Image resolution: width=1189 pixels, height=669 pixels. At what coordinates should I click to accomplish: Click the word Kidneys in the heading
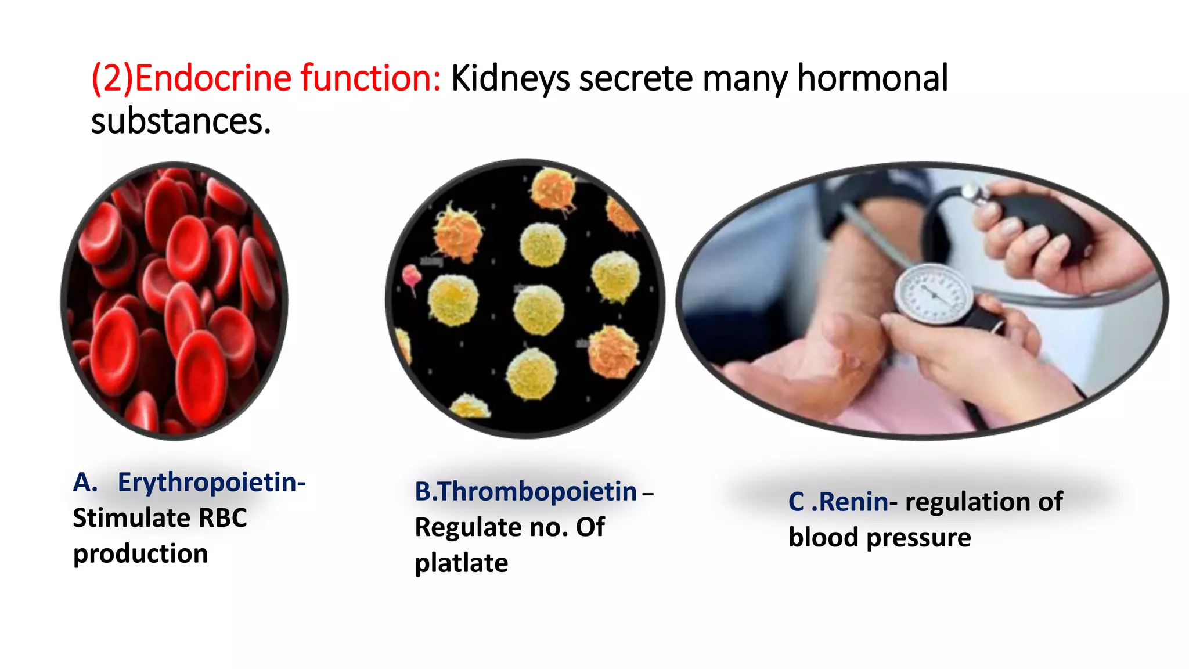(510, 79)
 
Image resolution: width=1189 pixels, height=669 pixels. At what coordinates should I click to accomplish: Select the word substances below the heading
(180, 121)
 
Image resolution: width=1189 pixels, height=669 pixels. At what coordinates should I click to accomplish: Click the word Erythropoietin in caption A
(211, 483)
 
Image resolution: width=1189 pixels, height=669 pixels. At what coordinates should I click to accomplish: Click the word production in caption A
(140, 554)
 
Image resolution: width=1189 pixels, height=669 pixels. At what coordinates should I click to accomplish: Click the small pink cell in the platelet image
(412, 276)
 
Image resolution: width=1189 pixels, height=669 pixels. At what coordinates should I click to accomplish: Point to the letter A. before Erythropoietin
(85, 483)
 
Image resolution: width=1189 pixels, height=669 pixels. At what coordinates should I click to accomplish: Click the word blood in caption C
(823, 538)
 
